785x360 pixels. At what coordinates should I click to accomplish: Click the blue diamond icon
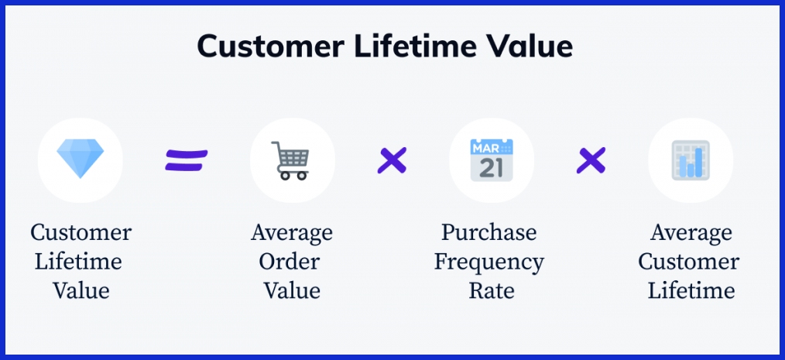point(80,160)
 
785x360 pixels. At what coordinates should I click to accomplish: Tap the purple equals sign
point(187,161)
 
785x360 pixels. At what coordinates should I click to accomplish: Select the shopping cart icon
point(292,160)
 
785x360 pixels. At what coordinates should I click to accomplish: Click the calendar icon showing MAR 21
point(491,160)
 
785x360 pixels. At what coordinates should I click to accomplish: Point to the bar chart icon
point(691,160)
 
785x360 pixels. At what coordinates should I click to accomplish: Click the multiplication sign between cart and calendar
point(392,161)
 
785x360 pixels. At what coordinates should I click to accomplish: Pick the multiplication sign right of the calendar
point(591,161)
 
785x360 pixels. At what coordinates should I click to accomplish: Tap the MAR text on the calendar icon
point(485,146)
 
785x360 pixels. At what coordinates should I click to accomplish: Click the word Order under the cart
point(292,262)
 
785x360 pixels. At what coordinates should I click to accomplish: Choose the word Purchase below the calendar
point(488,232)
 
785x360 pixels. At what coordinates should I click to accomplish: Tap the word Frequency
point(488,262)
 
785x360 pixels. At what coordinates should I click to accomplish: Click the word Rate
point(491,290)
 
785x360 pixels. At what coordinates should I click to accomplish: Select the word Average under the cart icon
point(292,232)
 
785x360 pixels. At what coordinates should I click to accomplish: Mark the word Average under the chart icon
point(691,232)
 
